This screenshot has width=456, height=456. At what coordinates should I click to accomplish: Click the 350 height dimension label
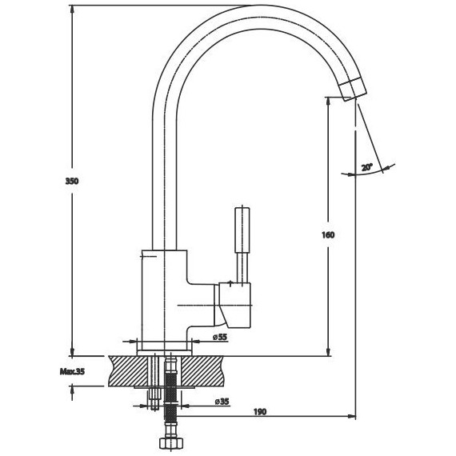72,181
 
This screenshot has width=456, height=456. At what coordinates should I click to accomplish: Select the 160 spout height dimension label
328,234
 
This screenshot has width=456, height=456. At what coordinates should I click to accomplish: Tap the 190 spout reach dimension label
260,412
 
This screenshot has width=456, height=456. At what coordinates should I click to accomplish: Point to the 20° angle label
366,167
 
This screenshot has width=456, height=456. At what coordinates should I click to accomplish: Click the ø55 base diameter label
219,337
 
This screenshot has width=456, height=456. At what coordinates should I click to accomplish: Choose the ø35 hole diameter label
222,402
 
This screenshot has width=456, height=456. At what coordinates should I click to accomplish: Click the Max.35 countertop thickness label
72,372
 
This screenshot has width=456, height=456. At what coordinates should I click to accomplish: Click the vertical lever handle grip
242,230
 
